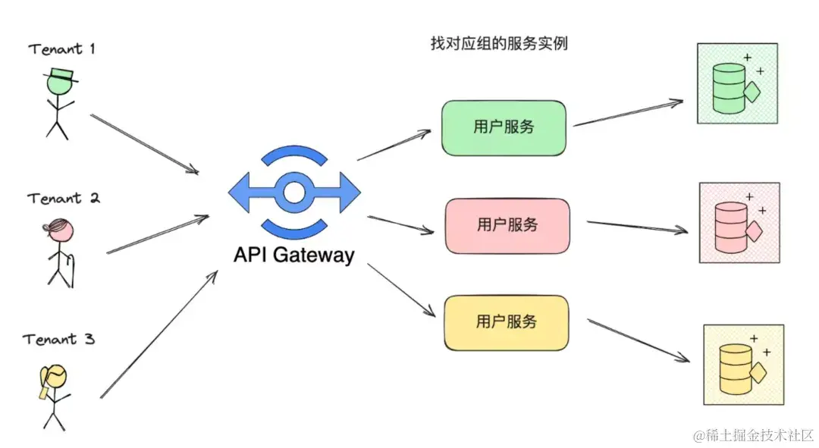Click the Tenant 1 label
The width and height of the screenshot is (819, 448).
pyautogui.click(x=62, y=49)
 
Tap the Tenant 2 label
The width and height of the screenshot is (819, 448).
pyautogui.click(x=64, y=199)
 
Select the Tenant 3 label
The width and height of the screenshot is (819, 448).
pyautogui.click(x=59, y=339)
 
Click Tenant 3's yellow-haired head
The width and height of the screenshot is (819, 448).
pyautogui.click(x=55, y=378)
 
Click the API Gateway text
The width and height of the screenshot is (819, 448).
pyautogui.click(x=293, y=255)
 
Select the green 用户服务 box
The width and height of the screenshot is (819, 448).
pyautogui.click(x=504, y=127)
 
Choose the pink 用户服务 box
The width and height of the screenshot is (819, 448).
pyautogui.click(x=507, y=224)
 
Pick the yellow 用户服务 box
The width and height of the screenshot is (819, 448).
pyautogui.click(x=506, y=322)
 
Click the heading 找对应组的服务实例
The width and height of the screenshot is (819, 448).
pyautogui.click(x=498, y=44)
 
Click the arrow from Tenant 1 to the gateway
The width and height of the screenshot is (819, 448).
pyautogui.click(x=144, y=143)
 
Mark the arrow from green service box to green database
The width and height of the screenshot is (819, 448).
pyautogui.click(x=628, y=112)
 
